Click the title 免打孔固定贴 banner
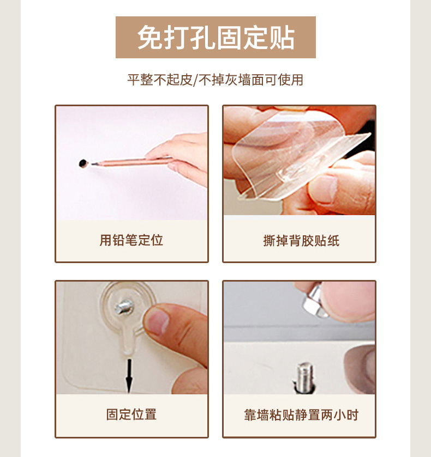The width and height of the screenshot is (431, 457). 215,38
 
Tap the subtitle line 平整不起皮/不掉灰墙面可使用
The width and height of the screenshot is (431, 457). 215,80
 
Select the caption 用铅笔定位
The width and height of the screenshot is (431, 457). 131,240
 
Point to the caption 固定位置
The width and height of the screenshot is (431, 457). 131,415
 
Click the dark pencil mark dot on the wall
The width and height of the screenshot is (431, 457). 83,162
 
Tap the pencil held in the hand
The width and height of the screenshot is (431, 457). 131,161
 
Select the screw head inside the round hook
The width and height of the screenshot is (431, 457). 124,307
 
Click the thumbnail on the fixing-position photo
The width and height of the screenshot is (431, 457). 159,321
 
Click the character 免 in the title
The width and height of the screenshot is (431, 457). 149,38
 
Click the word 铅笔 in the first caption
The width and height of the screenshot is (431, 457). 125,240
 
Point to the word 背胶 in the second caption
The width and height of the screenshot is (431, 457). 301,241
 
